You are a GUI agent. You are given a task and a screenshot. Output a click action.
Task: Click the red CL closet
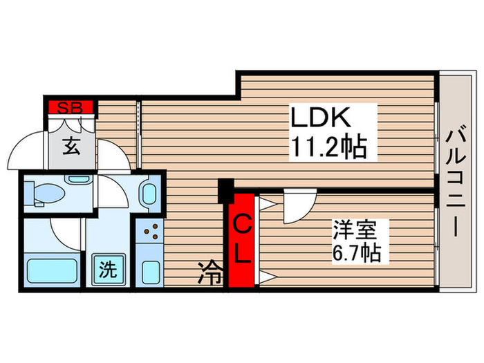click(241, 239)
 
